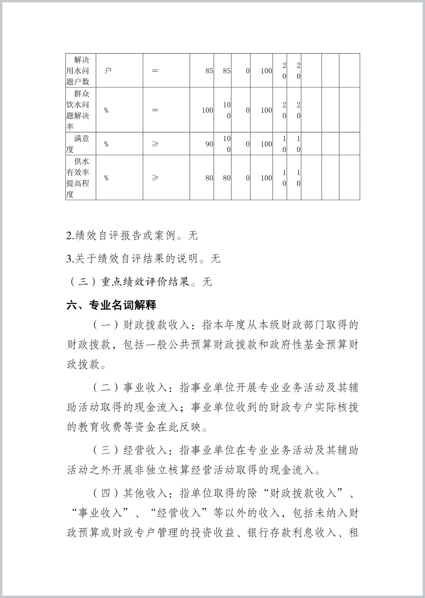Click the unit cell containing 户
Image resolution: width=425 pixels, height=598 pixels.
(x=107, y=71)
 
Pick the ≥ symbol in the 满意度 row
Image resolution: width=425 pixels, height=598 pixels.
(x=155, y=144)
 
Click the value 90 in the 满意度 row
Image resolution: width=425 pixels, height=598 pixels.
(x=209, y=144)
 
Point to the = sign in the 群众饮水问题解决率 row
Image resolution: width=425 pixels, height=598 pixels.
(x=155, y=110)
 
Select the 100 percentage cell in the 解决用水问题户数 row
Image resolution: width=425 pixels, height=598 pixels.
(x=266, y=71)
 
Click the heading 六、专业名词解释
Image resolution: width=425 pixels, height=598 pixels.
(x=111, y=305)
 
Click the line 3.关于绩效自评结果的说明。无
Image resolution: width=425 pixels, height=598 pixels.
(x=143, y=259)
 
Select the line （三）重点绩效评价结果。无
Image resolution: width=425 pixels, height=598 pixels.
(x=139, y=282)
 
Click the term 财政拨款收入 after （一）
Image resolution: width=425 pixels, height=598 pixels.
(x=156, y=325)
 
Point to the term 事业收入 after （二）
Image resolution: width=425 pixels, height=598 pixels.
(x=144, y=387)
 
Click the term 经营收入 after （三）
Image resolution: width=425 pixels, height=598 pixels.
(x=144, y=450)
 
